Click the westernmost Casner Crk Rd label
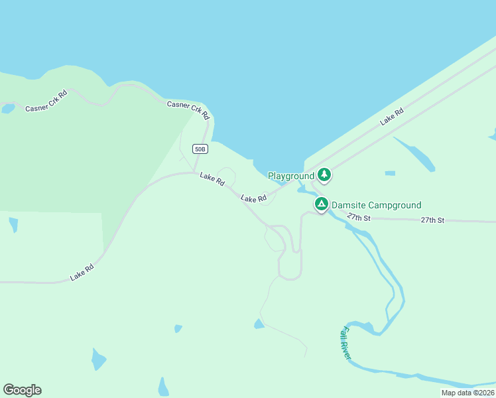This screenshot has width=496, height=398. [x=46, y=101]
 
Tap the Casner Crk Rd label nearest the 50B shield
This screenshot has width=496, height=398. [x=188, y=109]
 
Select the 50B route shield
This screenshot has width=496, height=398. [x=200, y=149]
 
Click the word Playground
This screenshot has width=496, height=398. [x=290, y=176]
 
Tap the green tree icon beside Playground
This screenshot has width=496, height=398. [x=324, y=175]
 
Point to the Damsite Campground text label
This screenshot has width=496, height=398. [x=376, y=205]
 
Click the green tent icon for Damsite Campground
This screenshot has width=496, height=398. [x=321, y=204]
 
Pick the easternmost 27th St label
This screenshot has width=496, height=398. [x=432, y=220]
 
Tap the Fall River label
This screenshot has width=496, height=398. [x=345, y=344]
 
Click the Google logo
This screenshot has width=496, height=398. [x=22, y=390]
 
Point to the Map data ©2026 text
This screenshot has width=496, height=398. [x=467, y=393]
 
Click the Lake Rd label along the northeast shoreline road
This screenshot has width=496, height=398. [x=391, y=117]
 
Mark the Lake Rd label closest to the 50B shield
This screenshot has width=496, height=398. [x=212, y=178]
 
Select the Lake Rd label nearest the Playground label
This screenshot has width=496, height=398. [x=253, y=198]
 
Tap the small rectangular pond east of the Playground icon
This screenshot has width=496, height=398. [x=390, y=174]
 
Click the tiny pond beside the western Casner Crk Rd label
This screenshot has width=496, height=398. [x=7, y=108]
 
